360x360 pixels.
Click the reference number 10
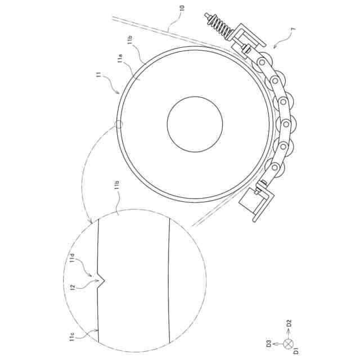coord(182,9)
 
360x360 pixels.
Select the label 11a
coord(120,58)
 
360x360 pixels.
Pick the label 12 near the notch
coord(73,286)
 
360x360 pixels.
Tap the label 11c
coord(72,336)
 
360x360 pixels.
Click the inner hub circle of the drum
coord(195,124)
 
